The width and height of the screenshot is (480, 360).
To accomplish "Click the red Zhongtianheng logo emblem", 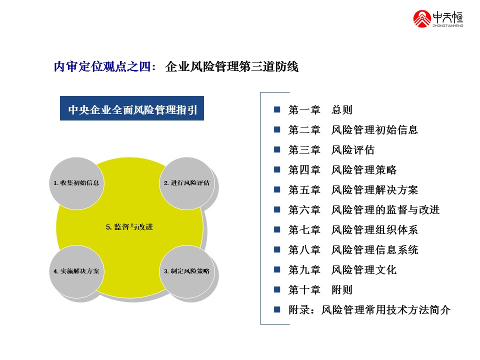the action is click(x=422, y=19).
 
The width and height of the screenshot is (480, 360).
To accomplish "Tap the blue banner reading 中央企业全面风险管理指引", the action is click(x=132, y=108).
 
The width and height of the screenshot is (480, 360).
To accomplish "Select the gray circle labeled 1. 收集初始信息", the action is click(x=76, y=183).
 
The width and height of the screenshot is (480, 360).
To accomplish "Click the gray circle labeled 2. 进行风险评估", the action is click(x=186, y=183).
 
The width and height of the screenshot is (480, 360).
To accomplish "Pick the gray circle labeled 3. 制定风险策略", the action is click(x=186, y=271).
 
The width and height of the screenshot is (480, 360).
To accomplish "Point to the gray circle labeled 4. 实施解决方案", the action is click(x=76, y=271).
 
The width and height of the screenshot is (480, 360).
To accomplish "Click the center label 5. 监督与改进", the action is click(x=129, y=227).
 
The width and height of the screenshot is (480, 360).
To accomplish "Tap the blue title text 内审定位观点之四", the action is click(x=105, y=66).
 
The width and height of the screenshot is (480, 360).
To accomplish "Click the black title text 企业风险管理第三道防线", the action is click(x=231, y=66).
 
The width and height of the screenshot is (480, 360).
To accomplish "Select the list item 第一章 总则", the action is click(x=320, y=109).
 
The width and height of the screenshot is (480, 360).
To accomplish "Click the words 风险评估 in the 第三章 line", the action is click(x=353, y=149).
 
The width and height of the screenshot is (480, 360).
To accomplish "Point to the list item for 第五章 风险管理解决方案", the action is click(x=353, y=190).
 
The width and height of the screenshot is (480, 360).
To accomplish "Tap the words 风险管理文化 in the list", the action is click(x=364, y=269).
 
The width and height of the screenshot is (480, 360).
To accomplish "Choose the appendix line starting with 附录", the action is click(x=369, y=310).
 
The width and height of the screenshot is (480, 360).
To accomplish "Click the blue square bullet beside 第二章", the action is click(x=277, y=129).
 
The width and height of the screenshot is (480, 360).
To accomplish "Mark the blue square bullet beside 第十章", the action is click(x=277, y=289).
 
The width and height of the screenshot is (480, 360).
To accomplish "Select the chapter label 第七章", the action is click(x=304, y=229).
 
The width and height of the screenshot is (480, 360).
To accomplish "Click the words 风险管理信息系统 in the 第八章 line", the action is click(x=374, y=250).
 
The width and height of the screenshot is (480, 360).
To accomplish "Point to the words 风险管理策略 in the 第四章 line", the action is click(x=364, y=169).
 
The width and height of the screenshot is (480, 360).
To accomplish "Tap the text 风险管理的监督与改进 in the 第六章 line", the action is click(x=385, y=209).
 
